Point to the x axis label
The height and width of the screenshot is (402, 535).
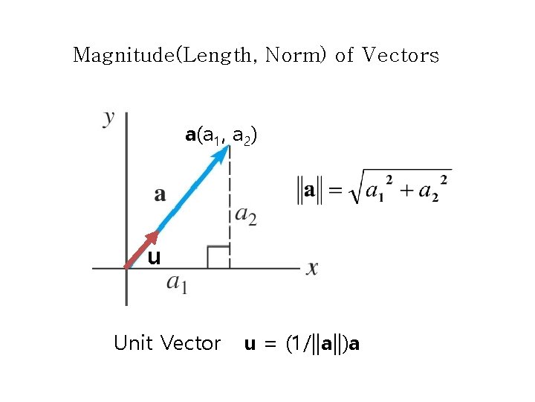[x=312, y=267]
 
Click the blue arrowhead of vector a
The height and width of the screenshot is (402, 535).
[x=222, y=153]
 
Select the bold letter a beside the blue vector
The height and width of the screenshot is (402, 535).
[x=160, y=194]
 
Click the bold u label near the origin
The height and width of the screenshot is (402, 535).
[x=154, y=258]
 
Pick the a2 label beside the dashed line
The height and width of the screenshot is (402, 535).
[x=246, y=215]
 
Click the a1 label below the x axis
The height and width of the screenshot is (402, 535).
[x=177, y=283]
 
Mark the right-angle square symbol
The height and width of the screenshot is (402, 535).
[x=218, y=257]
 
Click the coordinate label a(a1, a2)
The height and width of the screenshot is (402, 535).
[x=221, y=135]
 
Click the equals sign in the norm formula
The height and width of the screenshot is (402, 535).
[x=335, y=191]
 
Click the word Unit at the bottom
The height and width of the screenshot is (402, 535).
[x=133, y=343]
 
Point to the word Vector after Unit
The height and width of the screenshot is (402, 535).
[x=191, y=343]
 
